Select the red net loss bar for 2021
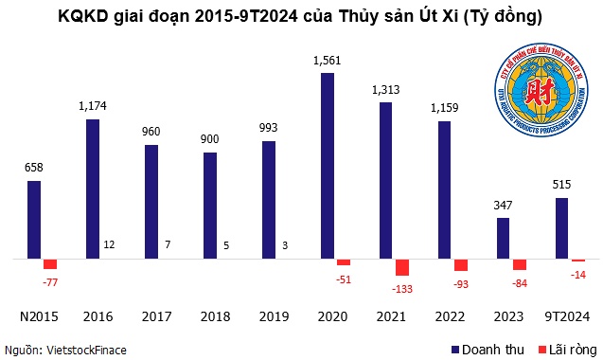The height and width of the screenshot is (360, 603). [401, 267]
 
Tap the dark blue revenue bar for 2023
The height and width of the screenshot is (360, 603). [504, 238]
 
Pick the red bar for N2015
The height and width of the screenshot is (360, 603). [50, 263]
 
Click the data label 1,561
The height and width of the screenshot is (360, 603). [328, 61]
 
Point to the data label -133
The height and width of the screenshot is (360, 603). [401, 288]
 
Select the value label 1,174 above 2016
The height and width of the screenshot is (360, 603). [93, 107]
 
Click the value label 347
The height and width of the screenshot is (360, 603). [504, 206]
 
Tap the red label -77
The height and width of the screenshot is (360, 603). [50, 281]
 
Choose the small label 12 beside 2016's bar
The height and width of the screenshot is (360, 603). [111, 245]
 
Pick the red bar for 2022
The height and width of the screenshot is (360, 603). [460, 264]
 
